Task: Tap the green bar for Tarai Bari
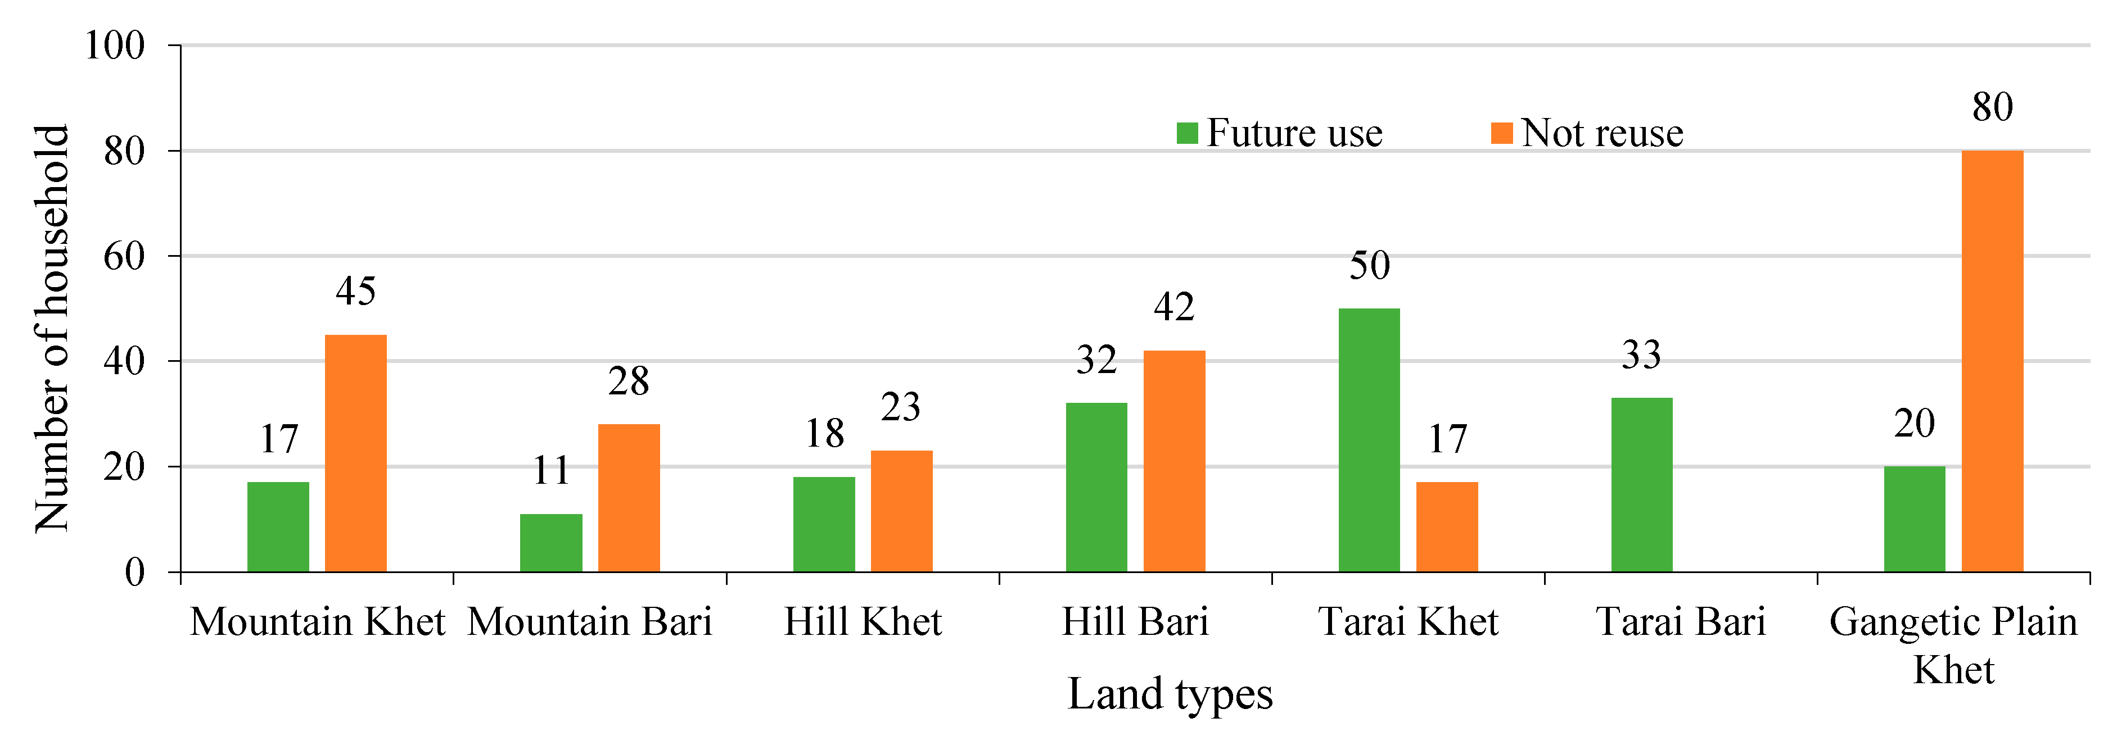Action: click(1641, 484)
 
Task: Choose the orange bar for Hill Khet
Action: click(901, 511)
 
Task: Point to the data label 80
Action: click(1992, 107)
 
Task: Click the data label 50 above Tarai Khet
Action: click(1369, 265)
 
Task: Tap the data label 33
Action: click(1641, 355)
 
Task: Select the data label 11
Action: click(550, 470)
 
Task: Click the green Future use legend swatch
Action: click(1186, 133)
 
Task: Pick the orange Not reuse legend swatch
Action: click(1502, 133)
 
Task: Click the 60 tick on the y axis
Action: click(124, 256)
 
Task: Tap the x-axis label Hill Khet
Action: click(863, 621)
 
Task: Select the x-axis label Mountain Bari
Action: click(589, 621)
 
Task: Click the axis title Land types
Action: click(1170, 693)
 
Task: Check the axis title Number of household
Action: click(51, 327)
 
